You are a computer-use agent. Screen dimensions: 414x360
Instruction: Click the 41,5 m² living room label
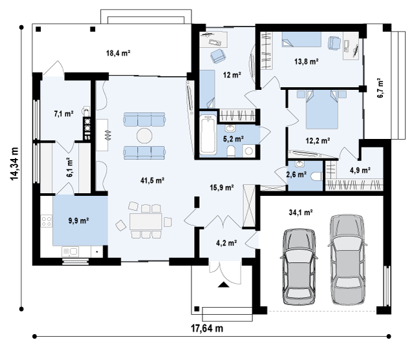click(153, 181)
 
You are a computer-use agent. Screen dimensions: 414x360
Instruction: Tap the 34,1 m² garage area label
click(301, 212)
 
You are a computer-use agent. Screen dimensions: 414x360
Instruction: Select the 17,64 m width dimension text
click(207, 328)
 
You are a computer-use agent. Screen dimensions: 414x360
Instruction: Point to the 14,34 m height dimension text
click(14, 164)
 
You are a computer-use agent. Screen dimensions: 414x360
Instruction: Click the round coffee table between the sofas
click(144, 136)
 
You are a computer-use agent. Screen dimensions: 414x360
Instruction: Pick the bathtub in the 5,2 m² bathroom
click(208, 135)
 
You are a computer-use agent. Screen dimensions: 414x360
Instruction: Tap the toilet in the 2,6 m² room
click(316, 176)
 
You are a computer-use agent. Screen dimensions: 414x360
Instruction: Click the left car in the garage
click(299, 267)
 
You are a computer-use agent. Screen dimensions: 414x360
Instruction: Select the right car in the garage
click(347, 259)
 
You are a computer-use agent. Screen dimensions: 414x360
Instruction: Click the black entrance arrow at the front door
click(224, 284)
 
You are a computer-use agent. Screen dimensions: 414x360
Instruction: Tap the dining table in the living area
click(146, 222)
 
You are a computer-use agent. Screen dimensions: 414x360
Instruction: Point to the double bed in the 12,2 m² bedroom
click(322, 109)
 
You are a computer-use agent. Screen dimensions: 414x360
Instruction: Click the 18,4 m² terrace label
click(118, 53)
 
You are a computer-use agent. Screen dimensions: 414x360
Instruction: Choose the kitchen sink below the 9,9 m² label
click(70, 251)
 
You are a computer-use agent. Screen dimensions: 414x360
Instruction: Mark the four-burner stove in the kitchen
click(46, 221)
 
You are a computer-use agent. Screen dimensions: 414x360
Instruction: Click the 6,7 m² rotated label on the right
click(380, 88)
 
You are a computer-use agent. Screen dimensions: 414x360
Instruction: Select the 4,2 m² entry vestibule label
click(226, 243)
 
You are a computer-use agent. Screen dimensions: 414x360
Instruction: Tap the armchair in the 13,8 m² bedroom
click(334, 43)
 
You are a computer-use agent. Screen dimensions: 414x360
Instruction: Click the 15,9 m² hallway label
click(222, 187)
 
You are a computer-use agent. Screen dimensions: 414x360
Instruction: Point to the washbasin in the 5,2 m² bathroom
click(230, 129)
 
